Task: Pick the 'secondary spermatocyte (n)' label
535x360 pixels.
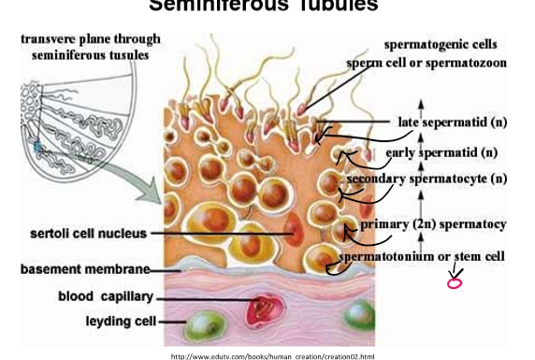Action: pos(427,177)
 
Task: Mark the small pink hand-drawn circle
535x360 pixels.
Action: pos(455,282)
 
